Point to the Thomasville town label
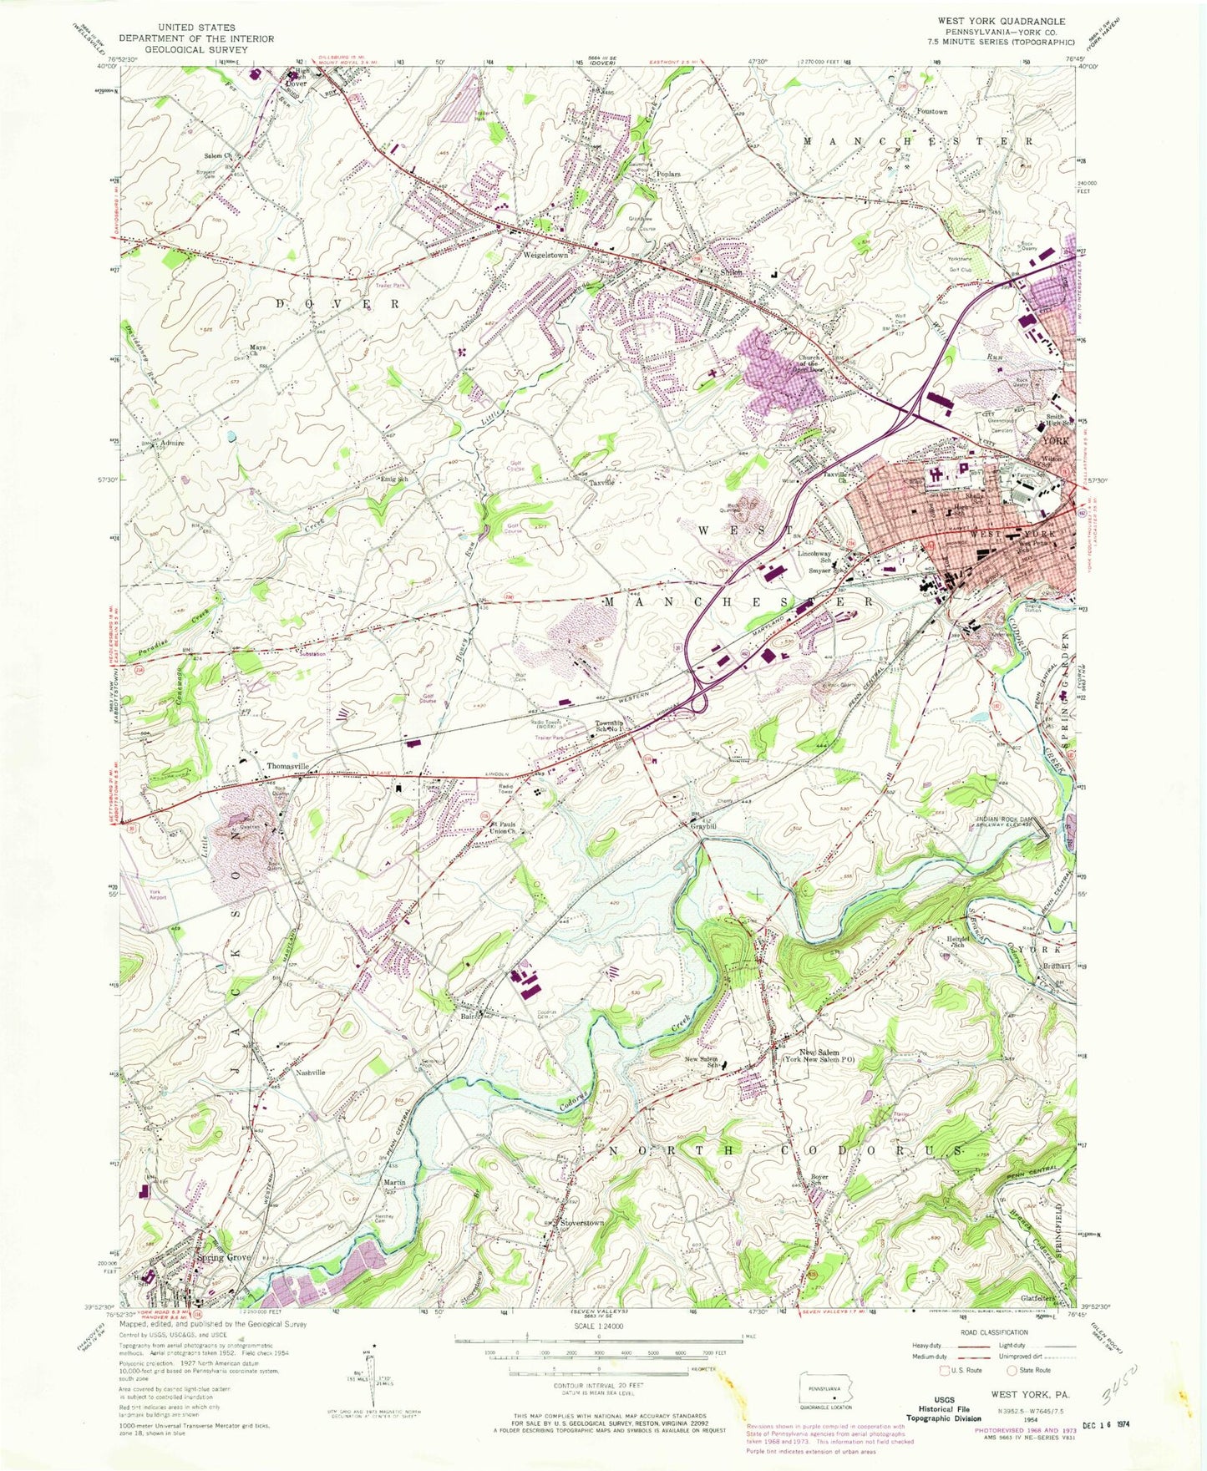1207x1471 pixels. [x=287, y=766]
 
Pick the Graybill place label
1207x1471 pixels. [x=703, y=827]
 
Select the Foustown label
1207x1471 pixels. [x=931, y=111]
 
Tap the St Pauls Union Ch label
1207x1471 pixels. [x=502, y=828]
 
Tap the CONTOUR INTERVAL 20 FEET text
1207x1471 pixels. [x=599, y=1385]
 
